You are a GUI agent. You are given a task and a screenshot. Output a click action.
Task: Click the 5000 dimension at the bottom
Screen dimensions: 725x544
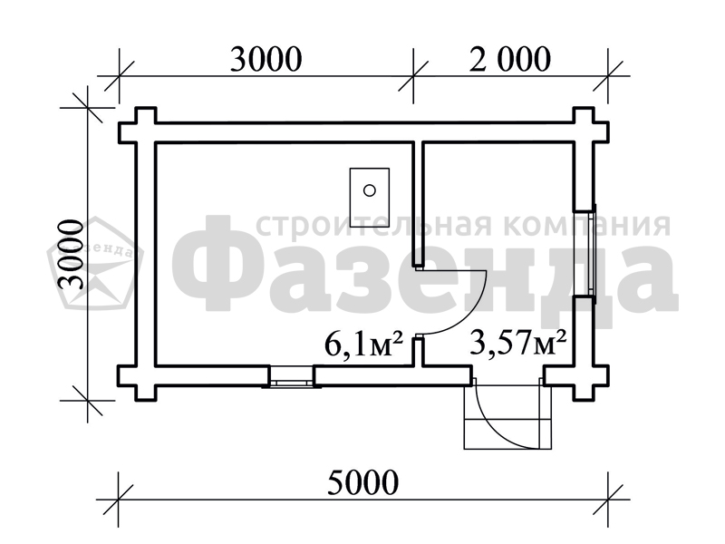[x=363, y=482]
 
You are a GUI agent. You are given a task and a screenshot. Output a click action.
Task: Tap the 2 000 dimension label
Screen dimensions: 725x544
[x=510, y=59]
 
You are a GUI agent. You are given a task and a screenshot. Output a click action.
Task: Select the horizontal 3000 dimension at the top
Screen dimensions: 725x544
[x=266, y=59]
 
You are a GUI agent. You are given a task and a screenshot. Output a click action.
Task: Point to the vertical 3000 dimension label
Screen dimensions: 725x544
[x=72, y=254]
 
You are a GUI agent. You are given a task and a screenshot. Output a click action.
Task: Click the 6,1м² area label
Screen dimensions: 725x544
[x=364, y=345]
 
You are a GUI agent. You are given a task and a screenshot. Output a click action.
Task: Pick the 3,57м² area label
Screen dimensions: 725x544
[x=517, y=343]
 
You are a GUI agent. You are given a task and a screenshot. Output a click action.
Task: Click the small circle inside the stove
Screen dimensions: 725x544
[x=370, y=190]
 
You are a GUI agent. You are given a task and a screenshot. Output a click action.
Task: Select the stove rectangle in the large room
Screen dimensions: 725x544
[x=370, y=198]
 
